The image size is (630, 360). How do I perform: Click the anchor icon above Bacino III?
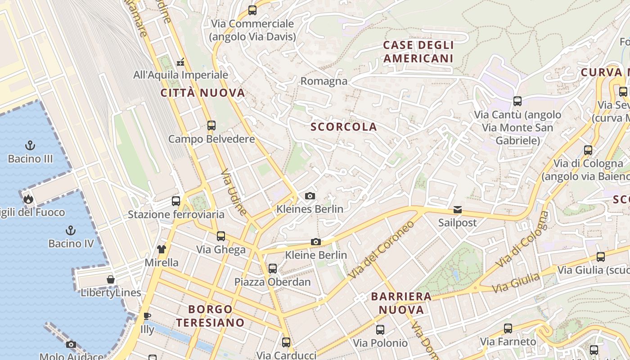30,145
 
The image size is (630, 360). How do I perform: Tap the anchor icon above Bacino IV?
71,230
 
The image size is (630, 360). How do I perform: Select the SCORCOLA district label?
344,127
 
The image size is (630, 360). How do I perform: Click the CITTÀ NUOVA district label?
203,93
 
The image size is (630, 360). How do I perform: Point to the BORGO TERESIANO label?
210,316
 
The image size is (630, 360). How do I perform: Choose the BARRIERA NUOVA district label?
401,303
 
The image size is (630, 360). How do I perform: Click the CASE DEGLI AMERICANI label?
418,52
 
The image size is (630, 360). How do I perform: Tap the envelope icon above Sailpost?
458,210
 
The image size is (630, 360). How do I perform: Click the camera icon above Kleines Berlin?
310,196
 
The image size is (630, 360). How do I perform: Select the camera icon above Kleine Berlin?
316,242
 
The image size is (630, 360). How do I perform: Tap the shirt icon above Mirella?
162,249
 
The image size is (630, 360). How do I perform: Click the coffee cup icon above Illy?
147,316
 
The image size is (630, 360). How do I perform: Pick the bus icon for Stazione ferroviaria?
176,201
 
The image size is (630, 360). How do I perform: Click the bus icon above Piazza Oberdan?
273,269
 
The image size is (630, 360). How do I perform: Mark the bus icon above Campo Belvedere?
211,126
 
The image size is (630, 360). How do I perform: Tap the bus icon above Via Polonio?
380,330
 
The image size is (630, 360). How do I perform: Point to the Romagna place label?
324,81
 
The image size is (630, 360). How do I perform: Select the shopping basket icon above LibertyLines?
111,279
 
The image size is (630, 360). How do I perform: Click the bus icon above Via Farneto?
508,328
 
